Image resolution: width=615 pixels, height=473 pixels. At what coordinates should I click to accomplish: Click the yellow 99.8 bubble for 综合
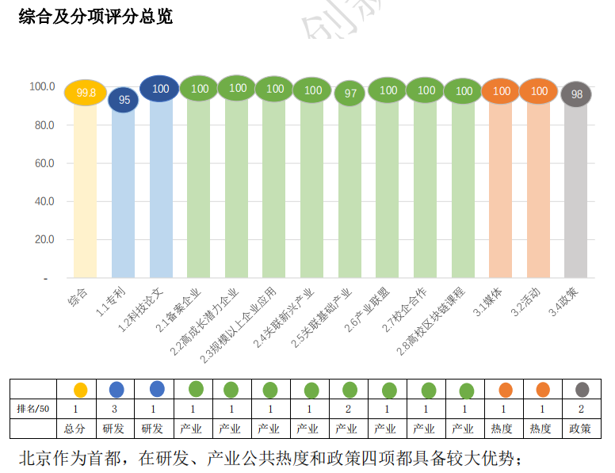pos(86,93)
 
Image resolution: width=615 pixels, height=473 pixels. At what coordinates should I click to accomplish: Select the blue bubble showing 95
pos(124,100)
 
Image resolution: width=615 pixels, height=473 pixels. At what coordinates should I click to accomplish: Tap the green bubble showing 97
pos(350,93)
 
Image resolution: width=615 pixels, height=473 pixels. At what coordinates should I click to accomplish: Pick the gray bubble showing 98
pos(576,94)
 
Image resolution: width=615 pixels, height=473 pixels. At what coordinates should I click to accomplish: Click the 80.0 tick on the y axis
pos(41,125)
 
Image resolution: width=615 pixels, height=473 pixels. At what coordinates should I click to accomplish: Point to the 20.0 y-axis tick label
pos(41,239)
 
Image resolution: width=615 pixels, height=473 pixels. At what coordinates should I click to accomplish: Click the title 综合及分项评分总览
pos(95,17)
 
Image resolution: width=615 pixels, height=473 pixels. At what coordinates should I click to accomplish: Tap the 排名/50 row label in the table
pos(33,409)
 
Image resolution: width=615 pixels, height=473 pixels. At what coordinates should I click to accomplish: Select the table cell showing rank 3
pos(115,409)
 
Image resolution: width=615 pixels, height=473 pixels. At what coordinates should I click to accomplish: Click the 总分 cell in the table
pos(76,429)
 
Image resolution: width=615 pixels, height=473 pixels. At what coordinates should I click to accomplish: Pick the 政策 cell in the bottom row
pos(580,429)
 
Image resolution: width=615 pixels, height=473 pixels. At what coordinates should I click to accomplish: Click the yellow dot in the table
pos(80,390)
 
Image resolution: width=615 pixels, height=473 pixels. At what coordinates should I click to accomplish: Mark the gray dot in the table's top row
pos(583,389)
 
